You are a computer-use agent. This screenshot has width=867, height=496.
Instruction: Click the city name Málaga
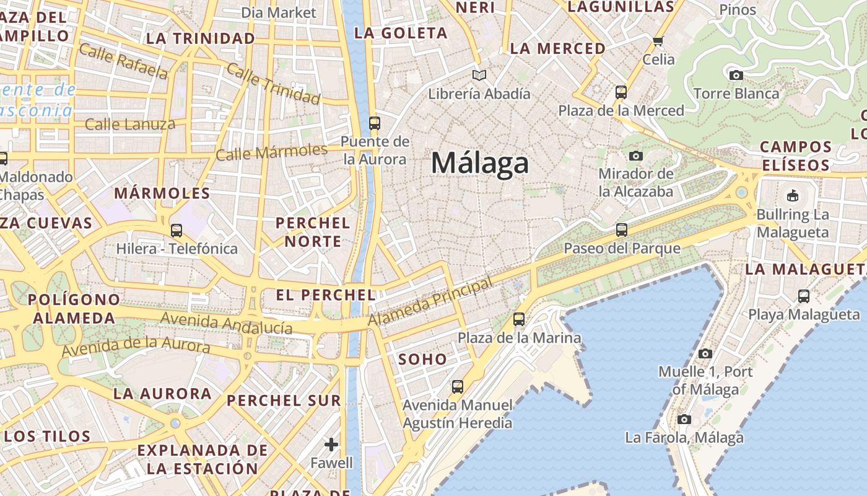pos(480,163)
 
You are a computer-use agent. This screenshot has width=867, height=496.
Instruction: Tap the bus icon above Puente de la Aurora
pos(374,123)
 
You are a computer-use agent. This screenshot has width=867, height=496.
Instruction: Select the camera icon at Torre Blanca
pos(736,76)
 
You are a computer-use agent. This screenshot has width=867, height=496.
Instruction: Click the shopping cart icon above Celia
pos(658,42)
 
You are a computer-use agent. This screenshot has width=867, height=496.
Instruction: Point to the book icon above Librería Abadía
pos(479,76)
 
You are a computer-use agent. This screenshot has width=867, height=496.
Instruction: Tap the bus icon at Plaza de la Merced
pos(621,92)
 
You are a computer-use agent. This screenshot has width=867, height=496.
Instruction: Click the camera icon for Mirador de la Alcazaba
pos(635,156)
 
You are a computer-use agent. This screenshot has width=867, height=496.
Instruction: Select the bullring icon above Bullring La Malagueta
pos(792,196)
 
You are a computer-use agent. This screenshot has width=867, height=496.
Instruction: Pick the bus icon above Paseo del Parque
pos(622,230)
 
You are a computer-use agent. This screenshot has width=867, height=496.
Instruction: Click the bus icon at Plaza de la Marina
pos(519,319)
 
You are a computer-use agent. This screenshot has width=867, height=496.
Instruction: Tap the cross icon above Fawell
pos(331,445)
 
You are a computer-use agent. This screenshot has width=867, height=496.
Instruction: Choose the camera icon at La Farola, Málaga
pos(684,420)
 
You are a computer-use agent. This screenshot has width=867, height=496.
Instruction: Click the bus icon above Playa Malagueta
pos(803,296)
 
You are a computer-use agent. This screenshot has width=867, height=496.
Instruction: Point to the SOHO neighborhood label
pos(422,359)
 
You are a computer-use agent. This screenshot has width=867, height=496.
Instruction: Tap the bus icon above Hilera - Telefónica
pos(176,231)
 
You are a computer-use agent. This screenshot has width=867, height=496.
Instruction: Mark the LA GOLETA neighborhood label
pos(401,33)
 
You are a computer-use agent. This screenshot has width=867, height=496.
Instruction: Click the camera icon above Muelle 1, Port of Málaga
pos(705,354)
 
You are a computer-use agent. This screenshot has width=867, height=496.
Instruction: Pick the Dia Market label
pos(278,12)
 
